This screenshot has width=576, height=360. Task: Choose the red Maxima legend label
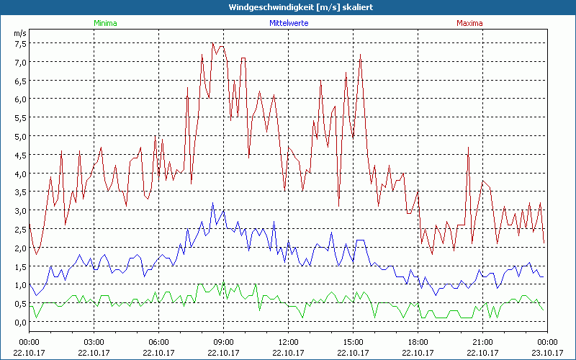click(x=469, y=23)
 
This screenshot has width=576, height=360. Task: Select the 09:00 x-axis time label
click(x=223, y=342)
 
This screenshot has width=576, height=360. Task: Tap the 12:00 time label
click(x=288, y=342)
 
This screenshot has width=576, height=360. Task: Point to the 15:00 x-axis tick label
click(x=353, y=342)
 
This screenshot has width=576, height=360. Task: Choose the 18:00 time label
click(x=418, y=342)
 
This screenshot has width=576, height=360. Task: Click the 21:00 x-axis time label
click(x=482, y=342)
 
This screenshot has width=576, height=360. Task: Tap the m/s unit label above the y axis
click(x=19, y=32)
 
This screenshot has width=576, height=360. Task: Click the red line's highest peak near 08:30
click(x=213, y=44)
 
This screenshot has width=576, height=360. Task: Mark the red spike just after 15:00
click(x=360, y=55)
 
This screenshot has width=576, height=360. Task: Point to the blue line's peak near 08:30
click(x=212, y=204)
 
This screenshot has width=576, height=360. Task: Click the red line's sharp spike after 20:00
click(x=468, y=148)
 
